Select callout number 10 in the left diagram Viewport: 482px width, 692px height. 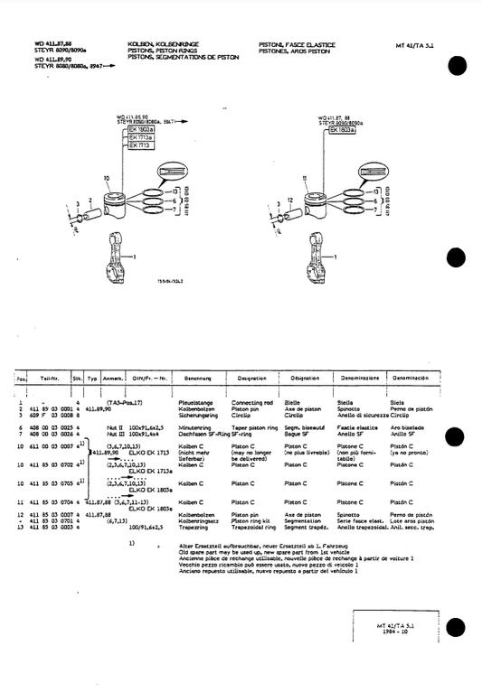tap(107, 179)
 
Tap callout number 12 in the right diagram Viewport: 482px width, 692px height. tap(288, 198)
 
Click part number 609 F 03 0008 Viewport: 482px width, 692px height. tap(49, 414)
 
